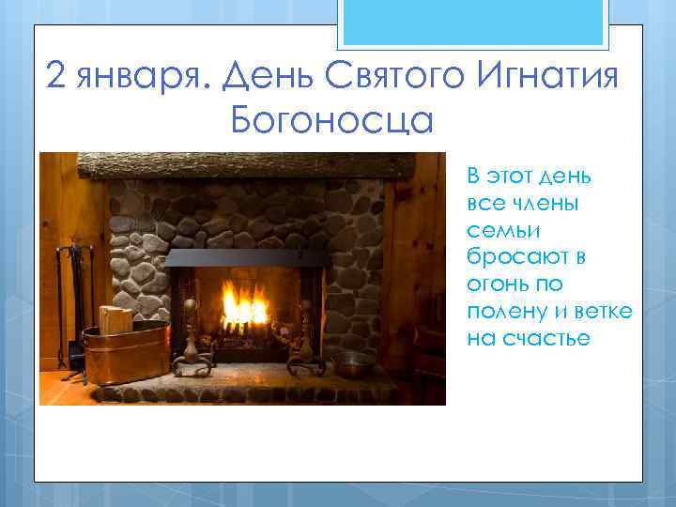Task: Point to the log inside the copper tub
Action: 115,318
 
